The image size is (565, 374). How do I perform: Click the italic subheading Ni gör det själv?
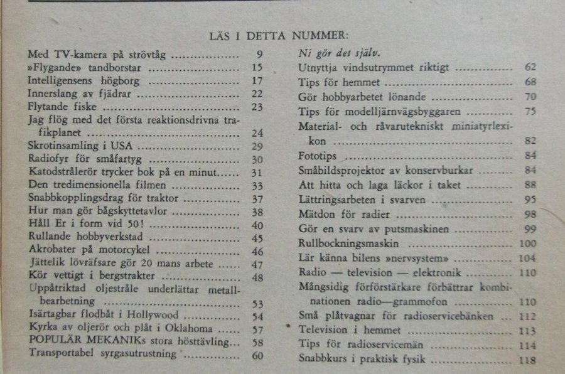pos(339,53)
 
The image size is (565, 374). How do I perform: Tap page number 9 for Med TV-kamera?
pos(259,55)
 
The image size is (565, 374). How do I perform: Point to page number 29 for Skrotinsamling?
pos(257,146)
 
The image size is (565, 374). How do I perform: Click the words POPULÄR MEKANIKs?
pos(80,343)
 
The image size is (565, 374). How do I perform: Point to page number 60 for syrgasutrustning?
pos(257,356)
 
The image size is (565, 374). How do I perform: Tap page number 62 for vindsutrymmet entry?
pos(530,67)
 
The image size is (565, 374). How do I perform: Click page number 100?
pos(528,243)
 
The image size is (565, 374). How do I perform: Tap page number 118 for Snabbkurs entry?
pos(528,361)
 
